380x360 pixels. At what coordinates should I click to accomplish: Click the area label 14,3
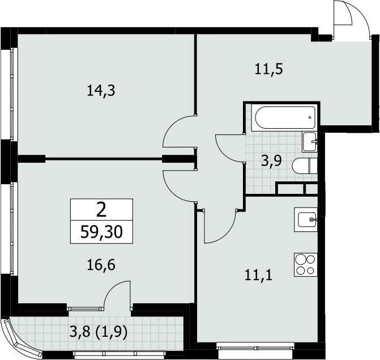101,91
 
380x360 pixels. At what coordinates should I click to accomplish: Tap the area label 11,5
269,69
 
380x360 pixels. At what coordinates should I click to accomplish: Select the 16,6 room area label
101,265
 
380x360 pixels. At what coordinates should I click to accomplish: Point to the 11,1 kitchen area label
259,276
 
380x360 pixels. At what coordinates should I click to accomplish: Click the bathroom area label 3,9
271,160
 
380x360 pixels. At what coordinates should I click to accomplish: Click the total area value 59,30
101,232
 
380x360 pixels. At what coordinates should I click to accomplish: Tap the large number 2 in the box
101,210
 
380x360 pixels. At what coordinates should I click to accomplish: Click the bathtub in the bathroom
284,117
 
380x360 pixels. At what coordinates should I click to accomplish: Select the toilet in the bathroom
305,166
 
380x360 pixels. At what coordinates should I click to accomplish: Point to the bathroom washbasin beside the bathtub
309,142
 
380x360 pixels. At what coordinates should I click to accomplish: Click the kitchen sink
306,219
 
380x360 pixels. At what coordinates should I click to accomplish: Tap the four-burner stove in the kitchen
306,264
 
